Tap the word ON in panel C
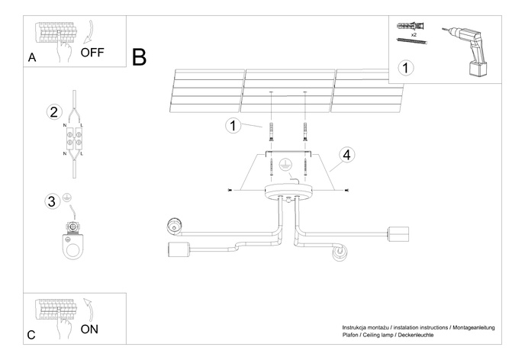(x=89, y=329)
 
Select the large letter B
(x=139, y=56)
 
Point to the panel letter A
(x=31, y=58)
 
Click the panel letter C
(x=31, y=334)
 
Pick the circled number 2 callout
(x=53, y=112)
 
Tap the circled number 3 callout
(x=52, y=201)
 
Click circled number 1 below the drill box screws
(x=407, y=68)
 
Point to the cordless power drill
(x=470, y=47)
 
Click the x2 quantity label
(x=413, y=35)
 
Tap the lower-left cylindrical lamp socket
(x=176, y=250)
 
